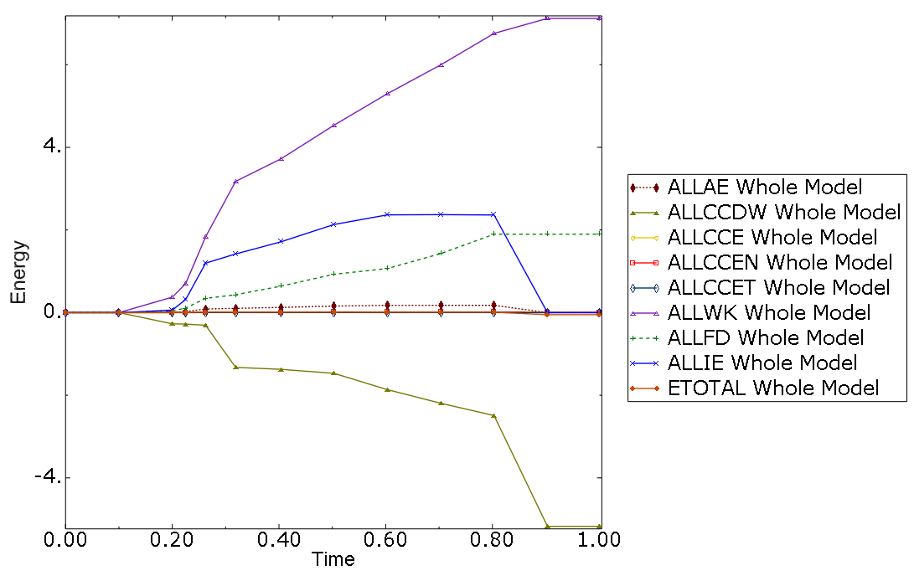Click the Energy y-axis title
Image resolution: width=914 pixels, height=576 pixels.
tap(18, 272)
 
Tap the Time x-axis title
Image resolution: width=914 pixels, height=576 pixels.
tap(333, 559)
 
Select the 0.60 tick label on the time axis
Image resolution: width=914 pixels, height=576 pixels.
tap(386, 542)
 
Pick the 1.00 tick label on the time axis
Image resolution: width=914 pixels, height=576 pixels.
tap(600, 542)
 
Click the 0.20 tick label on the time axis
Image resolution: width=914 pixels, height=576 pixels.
tap(173, 542)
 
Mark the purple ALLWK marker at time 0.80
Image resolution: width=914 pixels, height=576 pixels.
tap(494, 33)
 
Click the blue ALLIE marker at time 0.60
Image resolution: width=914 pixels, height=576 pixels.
tap(387, 214)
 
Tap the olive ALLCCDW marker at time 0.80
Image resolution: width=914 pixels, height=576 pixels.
tap(494, 415)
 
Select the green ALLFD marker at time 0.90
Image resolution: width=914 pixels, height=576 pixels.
tap(547, 234)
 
